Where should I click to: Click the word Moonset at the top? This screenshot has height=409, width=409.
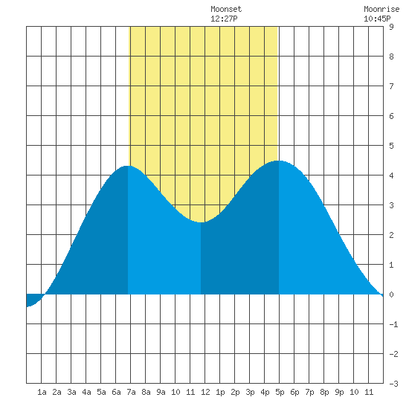pos(226,9)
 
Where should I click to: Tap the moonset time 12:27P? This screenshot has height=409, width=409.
pos(224,19)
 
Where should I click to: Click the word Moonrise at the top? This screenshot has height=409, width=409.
pos(381,9)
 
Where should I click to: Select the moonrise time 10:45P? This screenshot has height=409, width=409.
pos(377,19)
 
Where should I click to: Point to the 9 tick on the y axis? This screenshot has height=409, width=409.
pos(391,27)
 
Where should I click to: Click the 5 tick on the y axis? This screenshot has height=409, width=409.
pos(391,146)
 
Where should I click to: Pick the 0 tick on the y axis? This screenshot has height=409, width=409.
pos(391,294)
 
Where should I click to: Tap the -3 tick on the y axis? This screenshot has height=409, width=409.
pos(393,384)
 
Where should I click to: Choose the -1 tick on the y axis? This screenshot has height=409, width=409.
pos(393,324)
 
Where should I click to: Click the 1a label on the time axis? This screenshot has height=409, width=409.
pos(42,392)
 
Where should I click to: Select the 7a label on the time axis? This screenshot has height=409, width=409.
pos(131,392)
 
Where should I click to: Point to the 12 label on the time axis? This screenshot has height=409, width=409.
pos(205,392)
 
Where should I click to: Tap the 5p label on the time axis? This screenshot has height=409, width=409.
pos(280,392)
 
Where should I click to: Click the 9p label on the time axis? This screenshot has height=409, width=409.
pos(339,392)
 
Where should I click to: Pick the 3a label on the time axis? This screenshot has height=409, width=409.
pos(71,392)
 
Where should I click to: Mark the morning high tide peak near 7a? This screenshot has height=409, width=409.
pos(127,166)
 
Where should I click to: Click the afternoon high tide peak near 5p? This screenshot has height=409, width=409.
pos(279,161)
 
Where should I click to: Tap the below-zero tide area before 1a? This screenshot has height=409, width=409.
pos(33,299)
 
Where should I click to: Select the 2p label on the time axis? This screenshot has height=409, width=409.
pos(235,392)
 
